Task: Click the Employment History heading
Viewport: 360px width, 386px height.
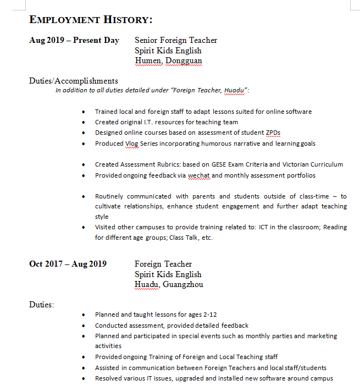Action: click(x=91, y=20)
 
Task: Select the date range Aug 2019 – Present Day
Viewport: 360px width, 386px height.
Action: click(x=74, y=40)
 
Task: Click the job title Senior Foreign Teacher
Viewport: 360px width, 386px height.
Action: click(x=176, y=40)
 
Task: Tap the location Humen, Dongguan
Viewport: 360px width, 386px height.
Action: click(x=168, y=60)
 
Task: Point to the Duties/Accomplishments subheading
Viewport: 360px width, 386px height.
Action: click(x=74, y=81)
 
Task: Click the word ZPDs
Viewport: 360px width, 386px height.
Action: click(x=273, y=133)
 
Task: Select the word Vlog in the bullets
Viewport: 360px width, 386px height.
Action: click(x=132, y=144)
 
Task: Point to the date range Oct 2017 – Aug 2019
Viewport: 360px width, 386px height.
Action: click(x=68, y=264)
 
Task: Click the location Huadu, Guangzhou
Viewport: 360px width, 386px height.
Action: click(x=169, y=284)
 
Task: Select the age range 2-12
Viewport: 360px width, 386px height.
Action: click(x=210, y=315)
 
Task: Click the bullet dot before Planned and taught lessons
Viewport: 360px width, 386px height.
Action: click(x=83, y=315)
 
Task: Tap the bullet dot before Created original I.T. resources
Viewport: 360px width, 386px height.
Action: click(x=83, y=123)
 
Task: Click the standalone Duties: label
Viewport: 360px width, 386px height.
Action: click(x=42, y=304)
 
